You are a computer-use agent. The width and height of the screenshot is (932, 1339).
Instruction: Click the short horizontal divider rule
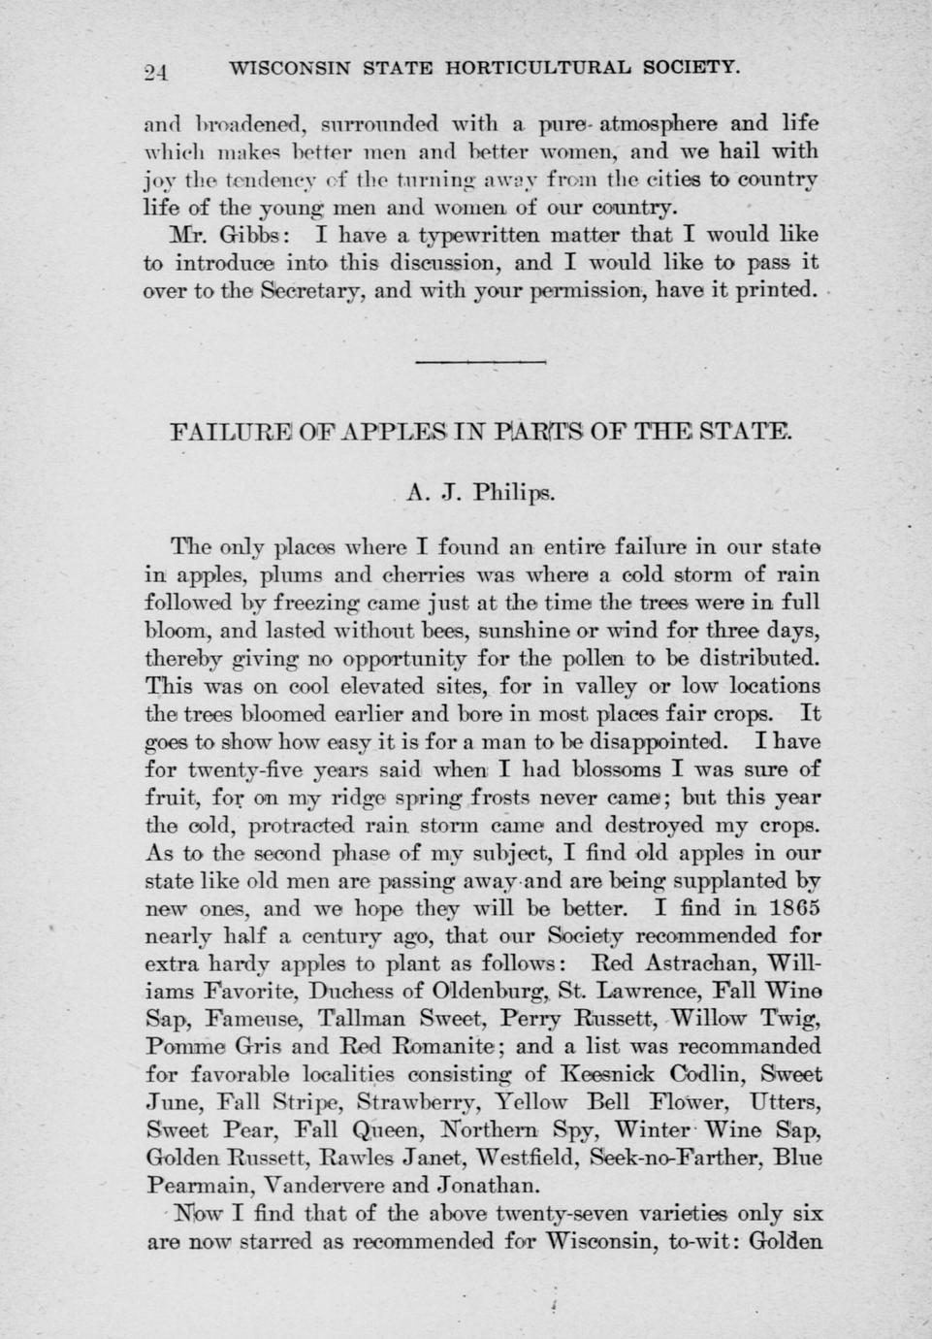[x=481, y=363]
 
